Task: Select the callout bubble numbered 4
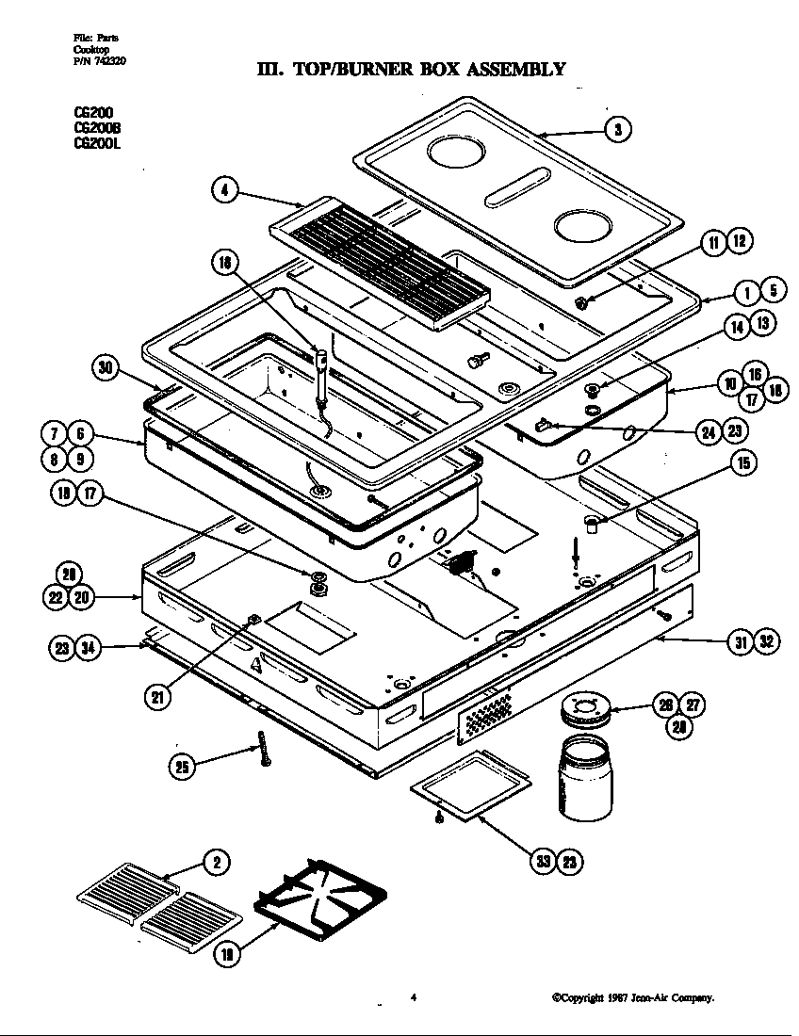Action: click(224, 190)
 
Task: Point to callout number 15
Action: click(744, 463)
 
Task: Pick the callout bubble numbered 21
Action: click(157, 697)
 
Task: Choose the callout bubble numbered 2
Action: click(217, 862)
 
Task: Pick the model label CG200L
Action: click(97, 144)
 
